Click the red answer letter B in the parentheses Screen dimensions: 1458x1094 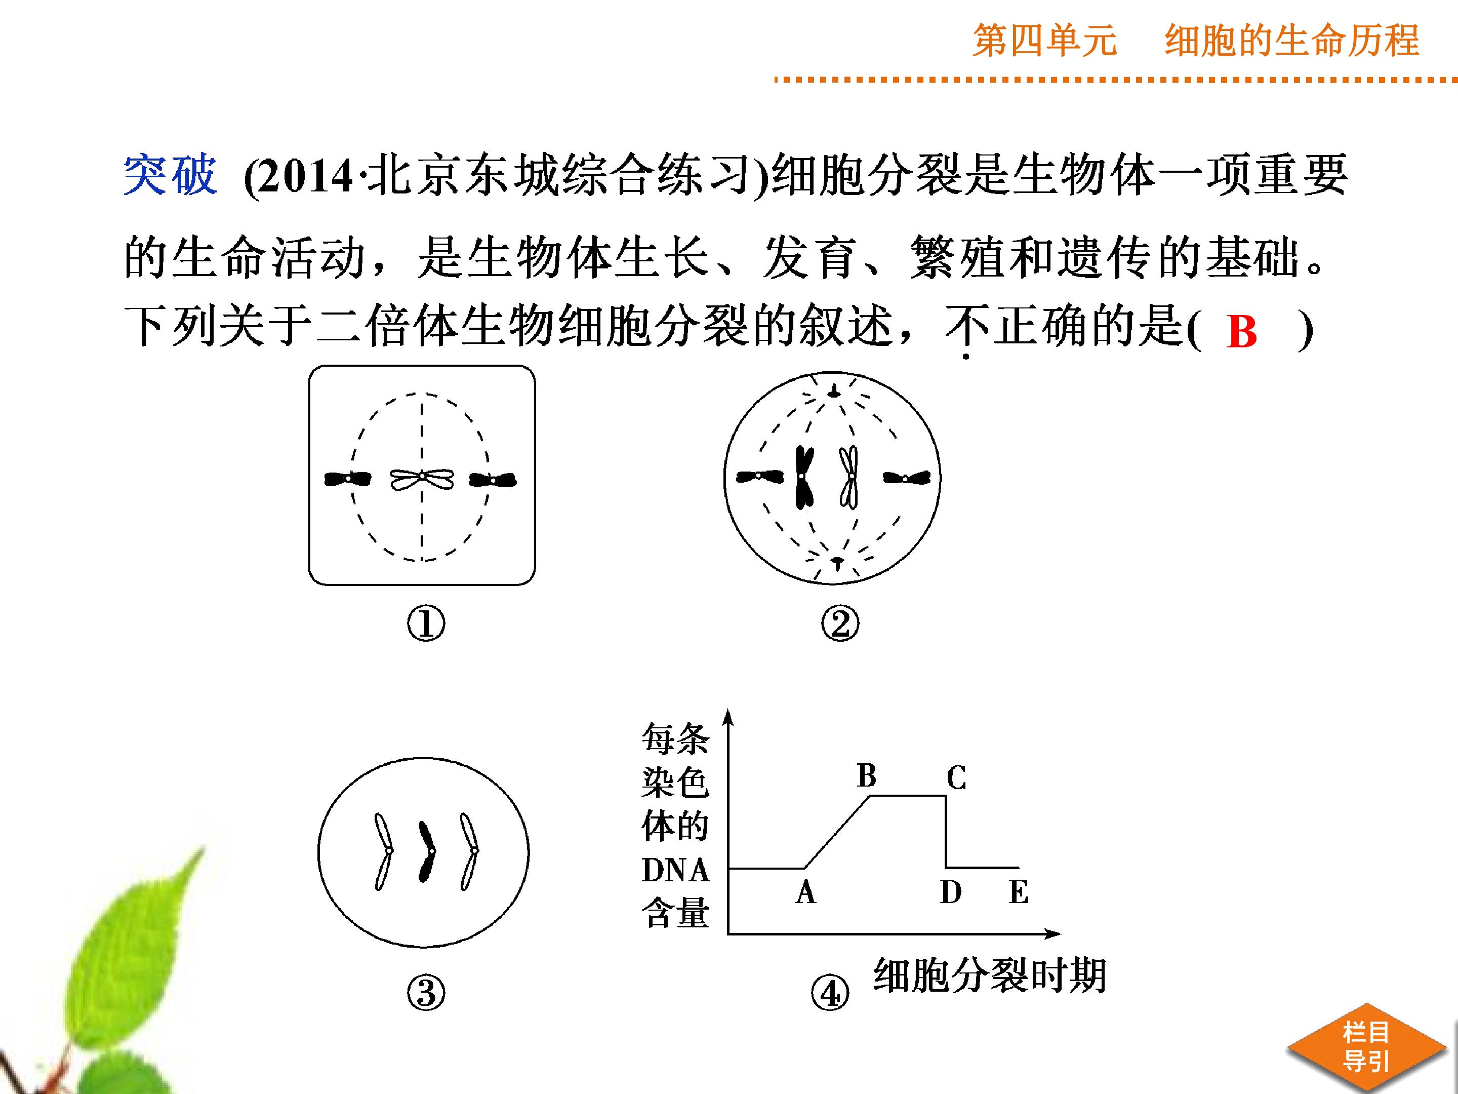[x=1242, y=331]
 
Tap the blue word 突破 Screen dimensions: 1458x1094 [x=170, y=175]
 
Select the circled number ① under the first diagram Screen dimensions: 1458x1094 [x=426, y=624]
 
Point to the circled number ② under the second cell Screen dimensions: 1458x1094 [x=840, y=624]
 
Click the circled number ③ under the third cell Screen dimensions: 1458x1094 [x=426, y=993]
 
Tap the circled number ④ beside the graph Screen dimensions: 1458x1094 [x=830, y=993]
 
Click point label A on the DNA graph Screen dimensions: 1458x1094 [x=805, y=893]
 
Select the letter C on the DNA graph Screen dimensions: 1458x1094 [x=956, y=777]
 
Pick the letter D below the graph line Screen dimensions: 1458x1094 [x=950, y=893]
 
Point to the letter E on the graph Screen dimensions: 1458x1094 [x=1019, y=893]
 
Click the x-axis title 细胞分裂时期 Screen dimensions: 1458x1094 [x=989, y=976]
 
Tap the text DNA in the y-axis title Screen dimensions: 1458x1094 [x=675, y=871]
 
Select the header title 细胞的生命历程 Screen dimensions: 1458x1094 [x=1292, y=41]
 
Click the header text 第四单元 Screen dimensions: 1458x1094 [x=1045, y=41]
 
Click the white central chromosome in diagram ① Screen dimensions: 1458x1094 [x=422, y=480]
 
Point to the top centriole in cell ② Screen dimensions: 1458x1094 [x=834, y=393]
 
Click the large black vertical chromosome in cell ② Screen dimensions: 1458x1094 [x=804, y=478]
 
